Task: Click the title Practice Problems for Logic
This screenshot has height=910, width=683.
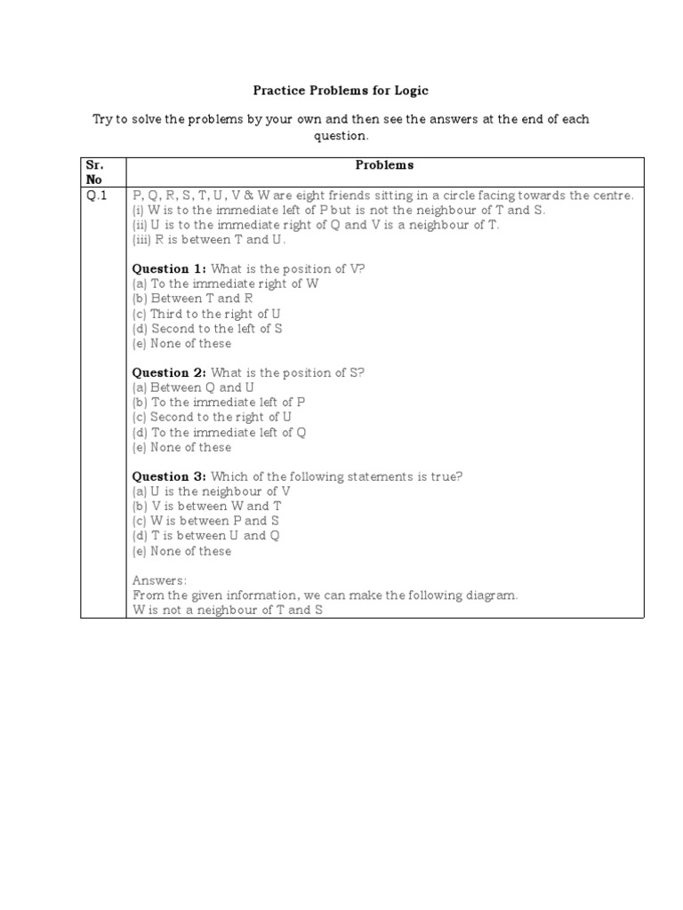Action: coord(341,91)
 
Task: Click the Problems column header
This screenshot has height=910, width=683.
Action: coord(384,165)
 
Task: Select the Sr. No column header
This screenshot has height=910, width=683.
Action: coord(96,172)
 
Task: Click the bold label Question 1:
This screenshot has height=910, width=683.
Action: coord(169,268)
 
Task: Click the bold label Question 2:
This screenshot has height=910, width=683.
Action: coord(169,372)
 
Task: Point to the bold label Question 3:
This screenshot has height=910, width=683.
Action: coord(169,476)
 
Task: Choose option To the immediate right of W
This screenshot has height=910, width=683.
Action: coord(226,283)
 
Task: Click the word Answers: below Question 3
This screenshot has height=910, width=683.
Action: coord(160,580)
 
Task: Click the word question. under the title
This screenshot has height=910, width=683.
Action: coord(340,136)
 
